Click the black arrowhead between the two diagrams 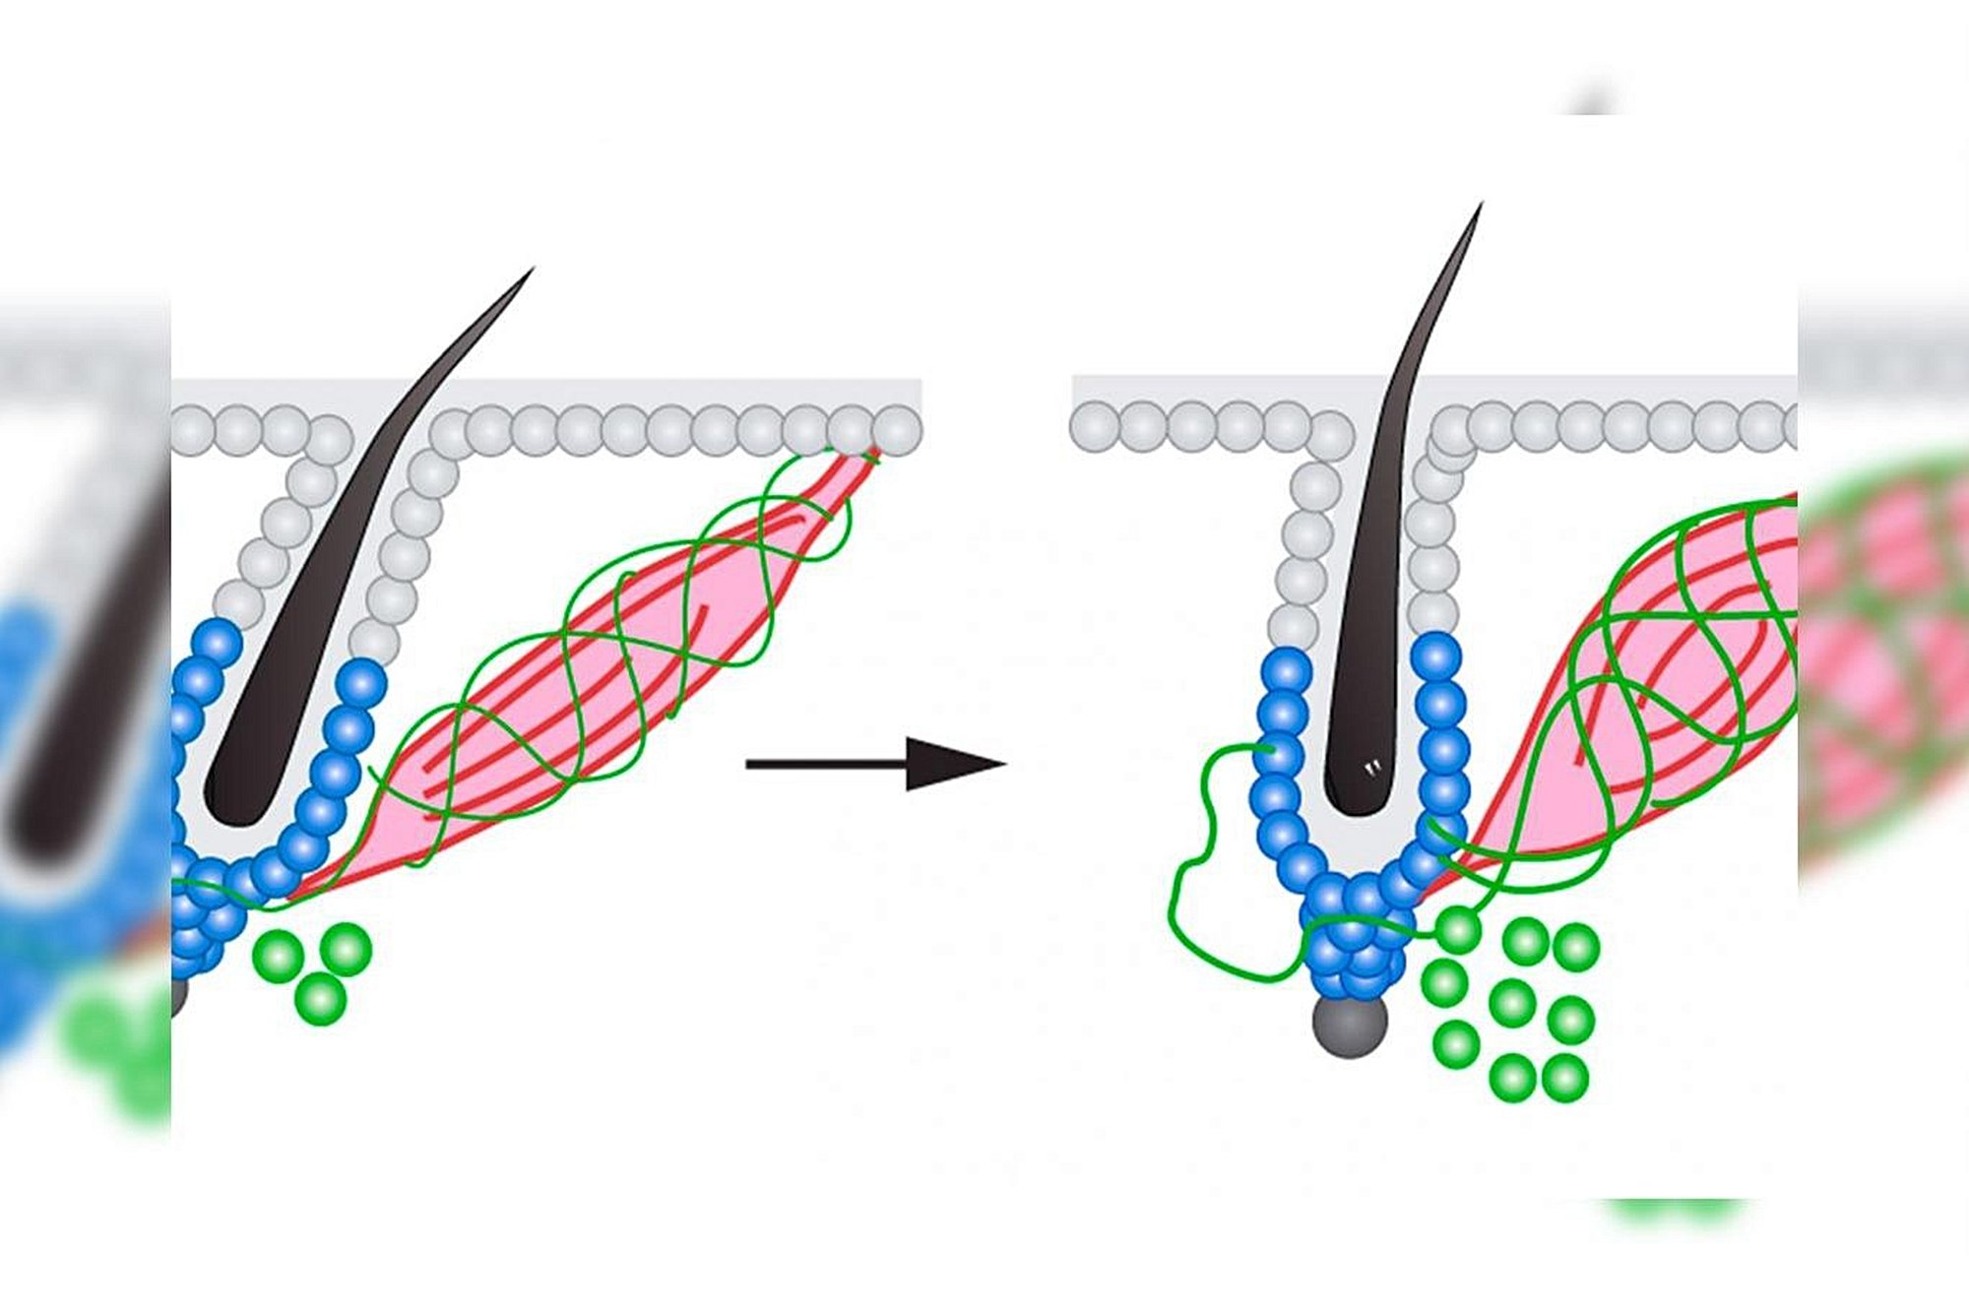(950, 764)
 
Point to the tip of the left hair (532, 268)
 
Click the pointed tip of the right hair (1481, 204)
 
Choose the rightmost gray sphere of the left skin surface (897, 431)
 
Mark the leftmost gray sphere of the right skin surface (1094, 427)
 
